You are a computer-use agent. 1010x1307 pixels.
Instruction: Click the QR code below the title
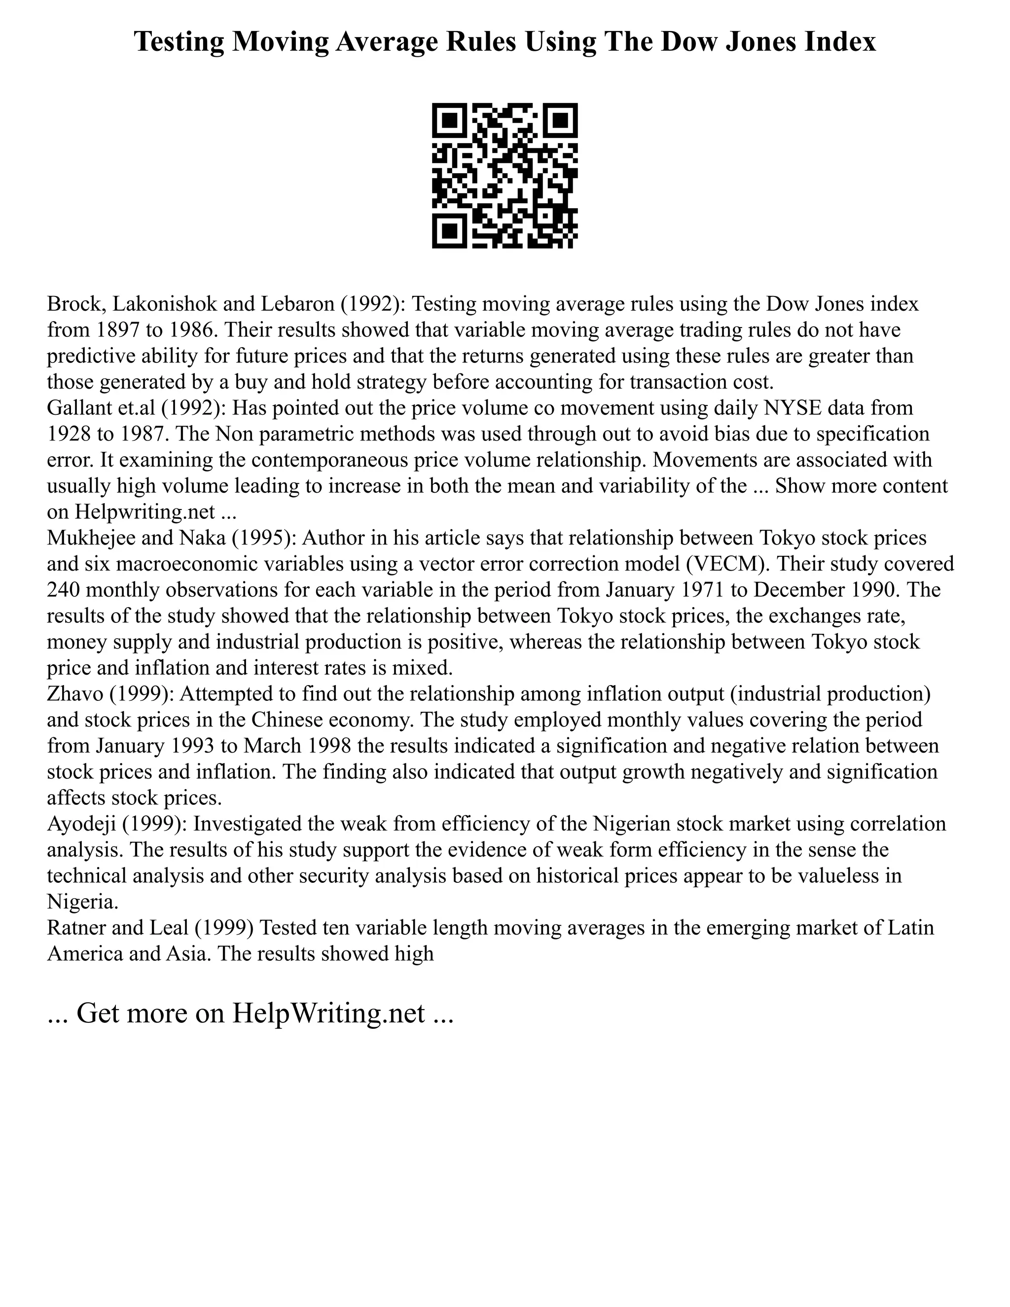point(505,176)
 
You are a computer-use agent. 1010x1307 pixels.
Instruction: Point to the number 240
point(64,589)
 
